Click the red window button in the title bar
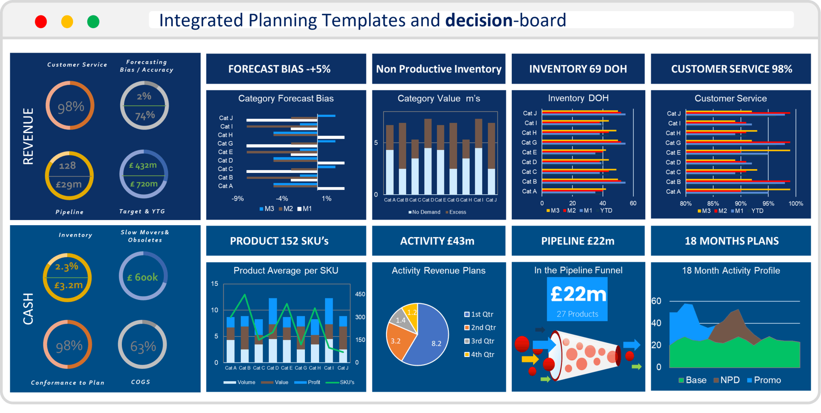[x=41, y=21]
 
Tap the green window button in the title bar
[x=93, y=21]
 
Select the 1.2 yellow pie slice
[x=412, y=312]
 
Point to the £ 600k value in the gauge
[x=143, y=277]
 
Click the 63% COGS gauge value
[x=143, y=346]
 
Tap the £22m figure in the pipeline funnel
[x=578, y=294]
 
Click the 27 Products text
[x=577, y=314]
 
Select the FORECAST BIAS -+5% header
[x=279, y=69]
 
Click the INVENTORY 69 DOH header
[x=578, y=69]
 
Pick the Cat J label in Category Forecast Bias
[x=226, y=118]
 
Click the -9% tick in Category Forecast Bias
[x=238, y=199]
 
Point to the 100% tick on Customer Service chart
[x=795, y=204]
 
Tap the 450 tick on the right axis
[x=360, y=294]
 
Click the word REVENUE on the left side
[x=28, y=136]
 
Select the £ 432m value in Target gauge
[x=143, y=165]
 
